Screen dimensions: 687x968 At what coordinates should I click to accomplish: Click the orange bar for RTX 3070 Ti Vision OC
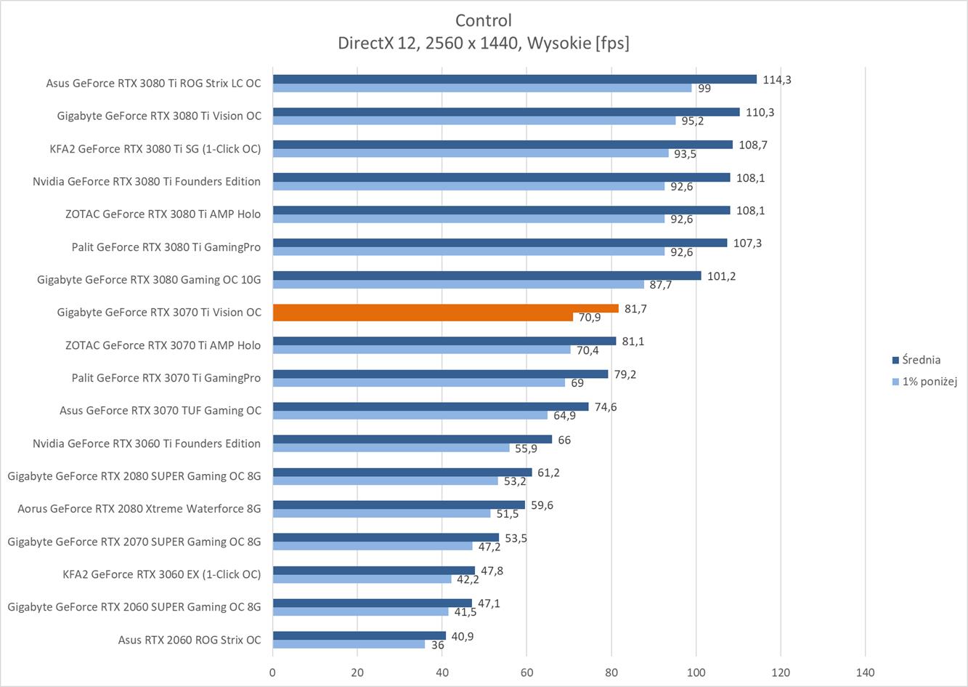pos(445,308)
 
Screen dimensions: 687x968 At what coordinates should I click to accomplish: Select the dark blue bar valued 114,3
pos(514,79)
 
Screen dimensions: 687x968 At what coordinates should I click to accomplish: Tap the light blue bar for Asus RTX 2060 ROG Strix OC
pos(349,645)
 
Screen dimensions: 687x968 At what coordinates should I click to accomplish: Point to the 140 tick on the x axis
pos(865,672)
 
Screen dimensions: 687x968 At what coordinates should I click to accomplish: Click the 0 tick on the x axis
pos(272,672)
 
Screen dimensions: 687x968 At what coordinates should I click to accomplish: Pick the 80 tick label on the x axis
pos(611,672)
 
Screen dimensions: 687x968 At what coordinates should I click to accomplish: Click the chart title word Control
pos(484,20)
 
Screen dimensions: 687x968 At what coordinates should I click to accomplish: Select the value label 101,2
pos(721,276)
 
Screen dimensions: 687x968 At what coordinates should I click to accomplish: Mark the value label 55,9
pos(526,449)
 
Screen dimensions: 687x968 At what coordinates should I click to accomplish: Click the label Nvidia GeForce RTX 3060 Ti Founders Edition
pos(147,443)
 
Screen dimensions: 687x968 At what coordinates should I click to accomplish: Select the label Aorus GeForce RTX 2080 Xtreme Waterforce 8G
pos(139,509)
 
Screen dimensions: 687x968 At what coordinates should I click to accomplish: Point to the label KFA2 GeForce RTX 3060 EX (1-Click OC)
pos(161,574)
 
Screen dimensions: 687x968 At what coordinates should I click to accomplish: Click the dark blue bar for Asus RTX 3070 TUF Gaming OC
pos(430,407)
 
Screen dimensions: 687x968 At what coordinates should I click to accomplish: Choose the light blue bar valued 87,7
pos(458,285)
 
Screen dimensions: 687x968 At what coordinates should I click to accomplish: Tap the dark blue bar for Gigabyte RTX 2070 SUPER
pos(386,538)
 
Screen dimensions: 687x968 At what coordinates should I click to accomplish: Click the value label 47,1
pos(489,604)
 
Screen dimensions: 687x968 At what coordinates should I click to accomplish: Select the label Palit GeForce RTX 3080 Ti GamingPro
pos(166,246)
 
